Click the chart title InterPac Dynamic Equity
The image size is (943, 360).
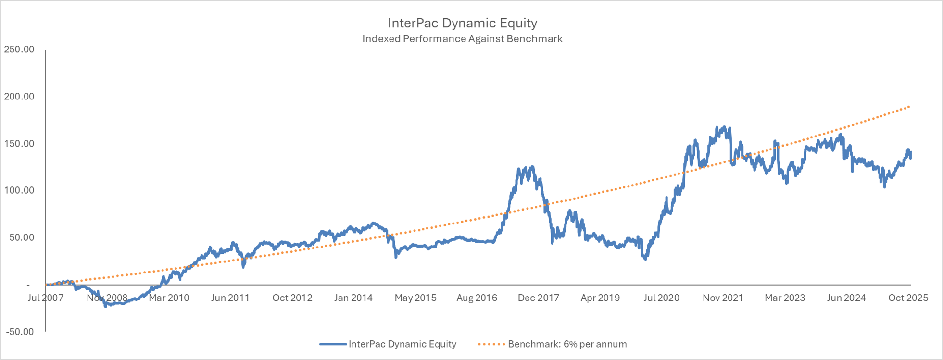[462, 23]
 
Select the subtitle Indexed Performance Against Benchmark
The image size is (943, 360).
[462, 39]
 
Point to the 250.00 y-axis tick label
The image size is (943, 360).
[19, 50]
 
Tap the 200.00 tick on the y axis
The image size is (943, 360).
[19, 97]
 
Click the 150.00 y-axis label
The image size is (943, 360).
[19, 144]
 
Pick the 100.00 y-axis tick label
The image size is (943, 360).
[19, 190]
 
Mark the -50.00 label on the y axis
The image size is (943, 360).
[19, 332]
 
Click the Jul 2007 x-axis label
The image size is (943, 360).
[46, 298]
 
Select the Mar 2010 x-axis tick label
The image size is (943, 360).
[169, 298]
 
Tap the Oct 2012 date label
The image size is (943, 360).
[292, 298]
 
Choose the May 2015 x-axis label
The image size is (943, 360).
[415, 298]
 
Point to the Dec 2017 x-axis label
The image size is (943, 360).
[539, 298]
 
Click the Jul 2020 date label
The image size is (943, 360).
[662, 298]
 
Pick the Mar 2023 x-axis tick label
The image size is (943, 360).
[785, 298]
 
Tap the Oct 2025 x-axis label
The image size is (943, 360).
[908, 298]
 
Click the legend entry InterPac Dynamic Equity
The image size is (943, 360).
[402, 344]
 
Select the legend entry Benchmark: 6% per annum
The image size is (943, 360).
[567, 344]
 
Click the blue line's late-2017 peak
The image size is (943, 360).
[531, 167]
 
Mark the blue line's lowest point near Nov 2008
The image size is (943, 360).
[106, 306]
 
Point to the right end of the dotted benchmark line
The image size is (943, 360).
[910, 107]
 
